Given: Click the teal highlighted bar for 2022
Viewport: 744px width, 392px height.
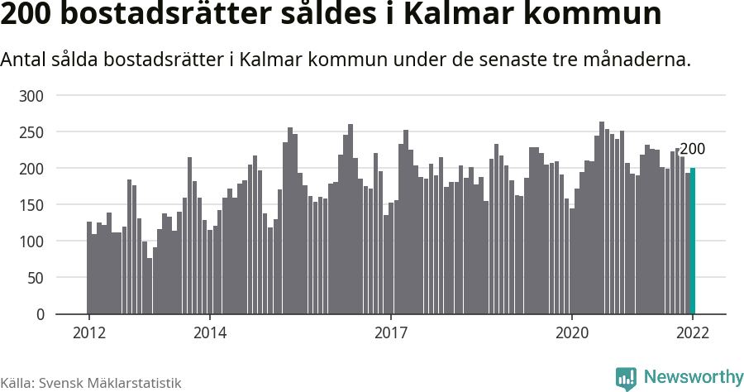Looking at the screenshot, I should pos(693,241).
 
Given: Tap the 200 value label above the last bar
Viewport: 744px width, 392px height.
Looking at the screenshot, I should pos(692,150).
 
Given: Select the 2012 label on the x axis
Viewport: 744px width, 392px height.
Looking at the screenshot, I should pos(89,332).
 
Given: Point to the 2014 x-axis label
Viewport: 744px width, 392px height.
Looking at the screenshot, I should pos(210,332).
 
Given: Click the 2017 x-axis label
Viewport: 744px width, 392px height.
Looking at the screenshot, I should pos(391,332).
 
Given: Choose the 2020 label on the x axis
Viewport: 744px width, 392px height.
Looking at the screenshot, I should pos(572,332).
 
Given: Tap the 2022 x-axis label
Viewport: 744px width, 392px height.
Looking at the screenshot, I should pos(693,332).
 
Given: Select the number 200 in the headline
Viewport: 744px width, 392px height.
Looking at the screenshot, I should pos(30,17).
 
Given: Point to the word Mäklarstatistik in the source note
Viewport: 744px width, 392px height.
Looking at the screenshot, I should pos(132,384).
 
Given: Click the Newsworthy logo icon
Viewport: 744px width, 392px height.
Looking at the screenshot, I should pos(627,379).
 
